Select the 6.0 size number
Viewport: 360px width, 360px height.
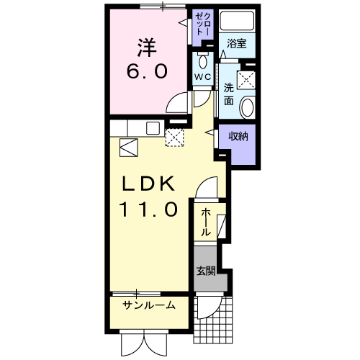(x=147, y=72)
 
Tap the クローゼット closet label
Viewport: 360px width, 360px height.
(x=201, y=24)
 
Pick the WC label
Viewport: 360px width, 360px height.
(x=202, y=76)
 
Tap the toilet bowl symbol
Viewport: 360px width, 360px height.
(x=202, y=57)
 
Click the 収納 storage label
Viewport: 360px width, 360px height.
(x=239, y=135)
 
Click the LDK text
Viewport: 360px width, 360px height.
(x=147, y=185)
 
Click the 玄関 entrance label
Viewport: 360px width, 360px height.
(x=205, y=271)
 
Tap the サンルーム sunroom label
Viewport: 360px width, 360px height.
(x=148, y=305)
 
